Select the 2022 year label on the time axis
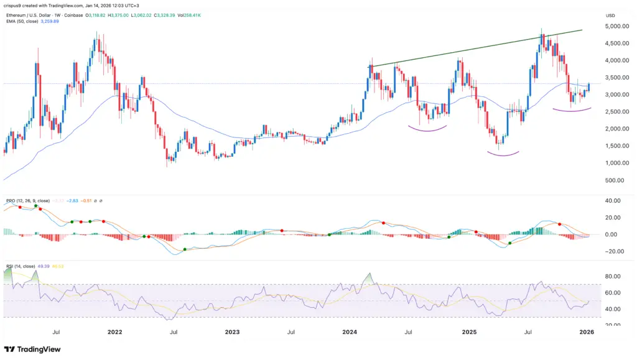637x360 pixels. coord(114,332)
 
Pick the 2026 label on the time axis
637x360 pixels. coord(588,332)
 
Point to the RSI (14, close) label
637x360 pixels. coord(21,266)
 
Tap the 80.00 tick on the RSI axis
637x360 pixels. coord(613,276)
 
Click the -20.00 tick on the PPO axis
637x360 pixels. coord(613,251)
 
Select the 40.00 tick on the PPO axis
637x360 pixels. coord(613,201)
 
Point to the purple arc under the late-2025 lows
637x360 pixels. coord(573,111)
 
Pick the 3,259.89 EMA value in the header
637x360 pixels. coord(57,20)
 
